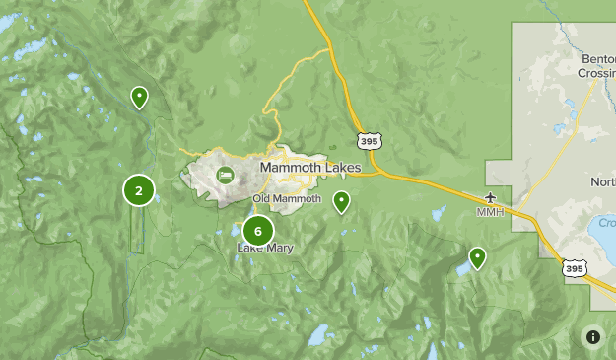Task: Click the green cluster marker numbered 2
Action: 139,191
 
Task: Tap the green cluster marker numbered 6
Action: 257,232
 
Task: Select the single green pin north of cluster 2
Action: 140,98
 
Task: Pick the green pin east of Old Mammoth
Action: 341,202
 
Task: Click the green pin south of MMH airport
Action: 477,257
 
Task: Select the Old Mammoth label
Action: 287,199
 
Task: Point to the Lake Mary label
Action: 264,249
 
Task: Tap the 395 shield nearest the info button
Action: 574,267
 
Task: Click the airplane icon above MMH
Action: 490,196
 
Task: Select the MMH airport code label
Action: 490,212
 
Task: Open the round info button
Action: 592,336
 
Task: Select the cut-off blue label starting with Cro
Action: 606,223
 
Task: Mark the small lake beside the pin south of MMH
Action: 461,269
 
